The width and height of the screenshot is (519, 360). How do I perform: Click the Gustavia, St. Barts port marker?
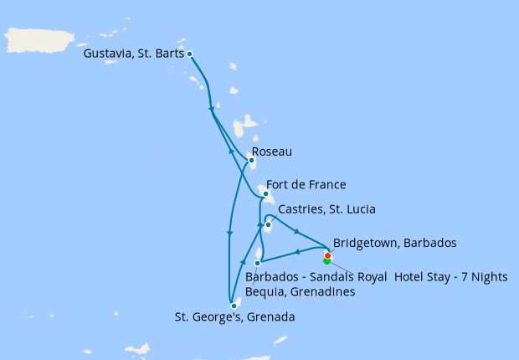pos(190,54)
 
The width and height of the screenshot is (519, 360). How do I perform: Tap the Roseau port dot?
pos(250,161)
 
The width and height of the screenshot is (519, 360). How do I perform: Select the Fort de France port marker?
pos(265,194)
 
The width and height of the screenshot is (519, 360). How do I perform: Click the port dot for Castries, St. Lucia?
pos(268,224)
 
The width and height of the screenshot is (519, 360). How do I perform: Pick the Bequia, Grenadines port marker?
pos(257,263)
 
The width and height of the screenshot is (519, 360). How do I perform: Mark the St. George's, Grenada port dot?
pos(234,306)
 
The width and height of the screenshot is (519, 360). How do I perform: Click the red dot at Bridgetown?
pos(327,255)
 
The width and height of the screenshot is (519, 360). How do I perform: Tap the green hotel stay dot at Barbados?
pos(326,260)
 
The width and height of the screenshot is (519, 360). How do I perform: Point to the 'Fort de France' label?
pos(306,185)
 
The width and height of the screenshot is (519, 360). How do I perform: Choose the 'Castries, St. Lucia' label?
pos(326,209)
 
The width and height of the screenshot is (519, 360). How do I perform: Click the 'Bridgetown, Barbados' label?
pos(394,244)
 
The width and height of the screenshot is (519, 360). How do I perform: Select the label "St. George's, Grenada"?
pos(234,317)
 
